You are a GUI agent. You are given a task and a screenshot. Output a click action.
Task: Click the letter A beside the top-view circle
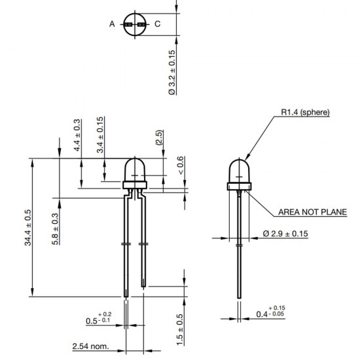pyautogui.click(x=112, y=24)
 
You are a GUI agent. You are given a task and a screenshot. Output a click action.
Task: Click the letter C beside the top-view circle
pyautogui.click(x=157, y=24)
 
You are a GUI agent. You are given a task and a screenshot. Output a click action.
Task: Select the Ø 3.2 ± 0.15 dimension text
pyautogui.click(x=172, y=72)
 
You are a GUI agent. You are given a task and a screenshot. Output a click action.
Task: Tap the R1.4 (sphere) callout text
pyautogui.click(x=306, y=113)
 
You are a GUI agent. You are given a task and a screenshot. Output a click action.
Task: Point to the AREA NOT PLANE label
pyautogui.click(x=312, y=212)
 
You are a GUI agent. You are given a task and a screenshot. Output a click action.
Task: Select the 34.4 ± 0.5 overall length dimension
pyautogui.click(x=28, y=228)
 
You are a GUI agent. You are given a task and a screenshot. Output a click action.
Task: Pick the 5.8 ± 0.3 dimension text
pyautogui.click(x=55, y=228)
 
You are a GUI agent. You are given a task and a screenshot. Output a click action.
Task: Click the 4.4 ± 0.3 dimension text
pyautogui.click(x=77, y=135)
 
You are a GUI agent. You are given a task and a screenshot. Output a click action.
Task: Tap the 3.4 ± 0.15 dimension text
pyautogui.click(x=100, y=134)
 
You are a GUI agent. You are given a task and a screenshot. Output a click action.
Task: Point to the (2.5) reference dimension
pyautogui.click(x=158, y=138)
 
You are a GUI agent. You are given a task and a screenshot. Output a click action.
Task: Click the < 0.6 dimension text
pyautogui.click(x=181, y=167)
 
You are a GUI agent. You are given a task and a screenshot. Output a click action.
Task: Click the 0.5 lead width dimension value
pyautogui.click(x=96, y=321)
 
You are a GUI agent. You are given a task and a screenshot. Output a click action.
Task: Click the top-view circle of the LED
pyautogui.click(x=135, y=24)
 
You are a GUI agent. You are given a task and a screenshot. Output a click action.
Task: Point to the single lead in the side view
pyautogui.click(x=240, y=249)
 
